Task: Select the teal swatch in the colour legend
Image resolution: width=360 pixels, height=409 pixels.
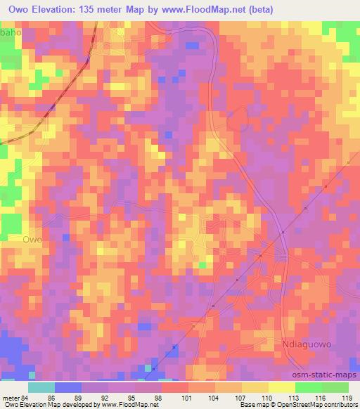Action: point(41,387)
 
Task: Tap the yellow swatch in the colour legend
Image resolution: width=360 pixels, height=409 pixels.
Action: point(281,387)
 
